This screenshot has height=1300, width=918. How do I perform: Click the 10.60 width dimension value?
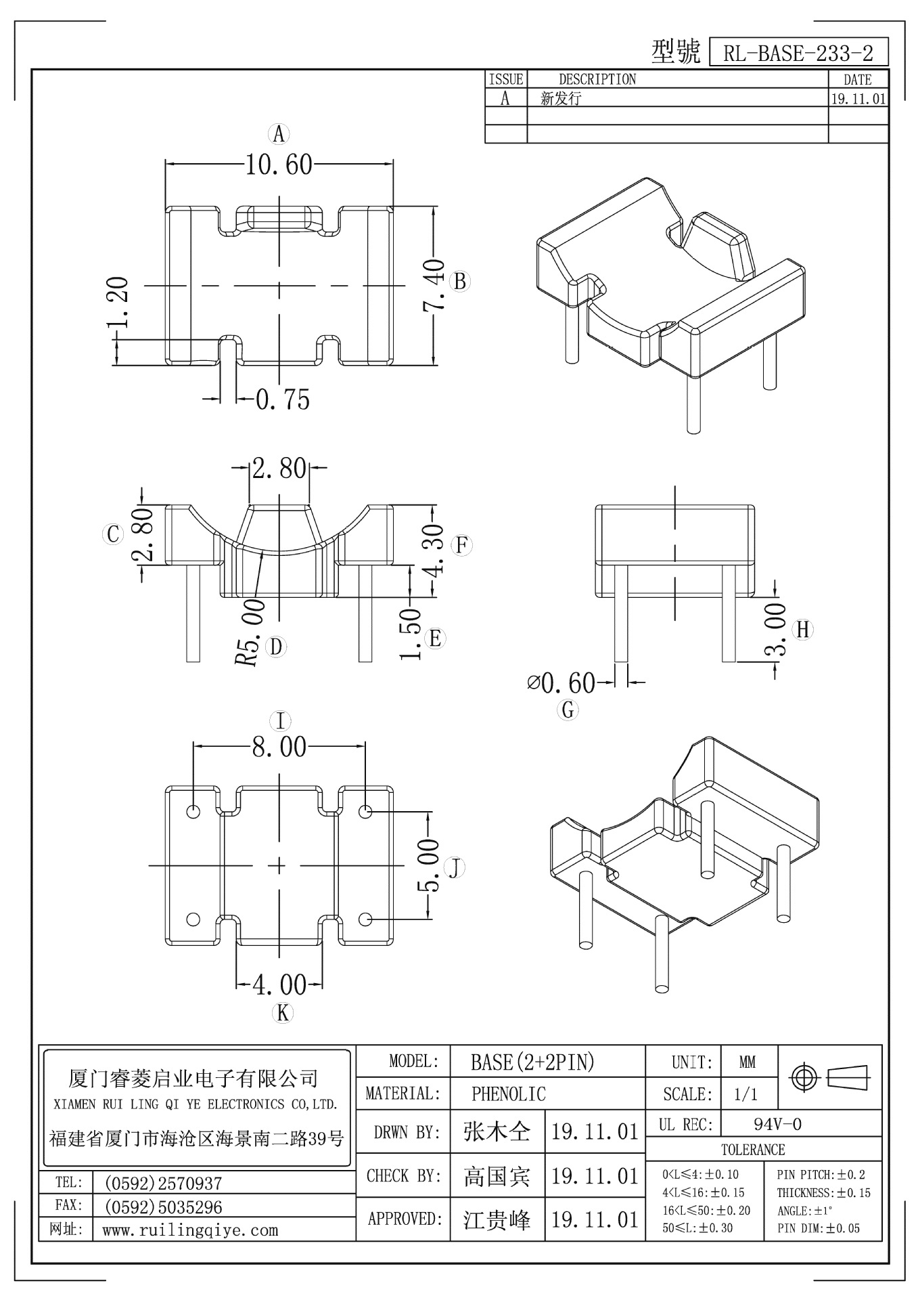[x=279, y=165]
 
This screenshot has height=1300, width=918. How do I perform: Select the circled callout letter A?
[x=279, y=134]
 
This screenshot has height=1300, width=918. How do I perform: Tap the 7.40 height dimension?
[x=434, y=284]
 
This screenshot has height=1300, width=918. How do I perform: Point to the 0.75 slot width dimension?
[x=283, y=399]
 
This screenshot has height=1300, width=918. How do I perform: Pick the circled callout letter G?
[x=568, y=710]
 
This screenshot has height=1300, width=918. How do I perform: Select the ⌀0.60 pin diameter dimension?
[x=561, y=683]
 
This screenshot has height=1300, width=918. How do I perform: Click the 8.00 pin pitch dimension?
[x=279, y=747]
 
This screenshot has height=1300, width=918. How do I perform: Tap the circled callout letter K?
[x=282, y=1013]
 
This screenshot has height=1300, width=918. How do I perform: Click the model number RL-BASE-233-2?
[x=798, y=53]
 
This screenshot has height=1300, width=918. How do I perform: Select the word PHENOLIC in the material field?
[x=508, y=1094]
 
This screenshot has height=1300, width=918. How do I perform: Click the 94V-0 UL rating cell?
[x=777, y=1125]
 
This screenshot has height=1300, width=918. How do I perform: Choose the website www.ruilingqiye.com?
[x=190, y=1230]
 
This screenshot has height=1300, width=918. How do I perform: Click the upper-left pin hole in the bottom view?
[x=193, y=811]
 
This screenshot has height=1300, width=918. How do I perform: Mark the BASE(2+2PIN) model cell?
[x=532, y=1062]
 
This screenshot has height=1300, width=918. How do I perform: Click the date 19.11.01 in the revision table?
[x=858, y=99]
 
